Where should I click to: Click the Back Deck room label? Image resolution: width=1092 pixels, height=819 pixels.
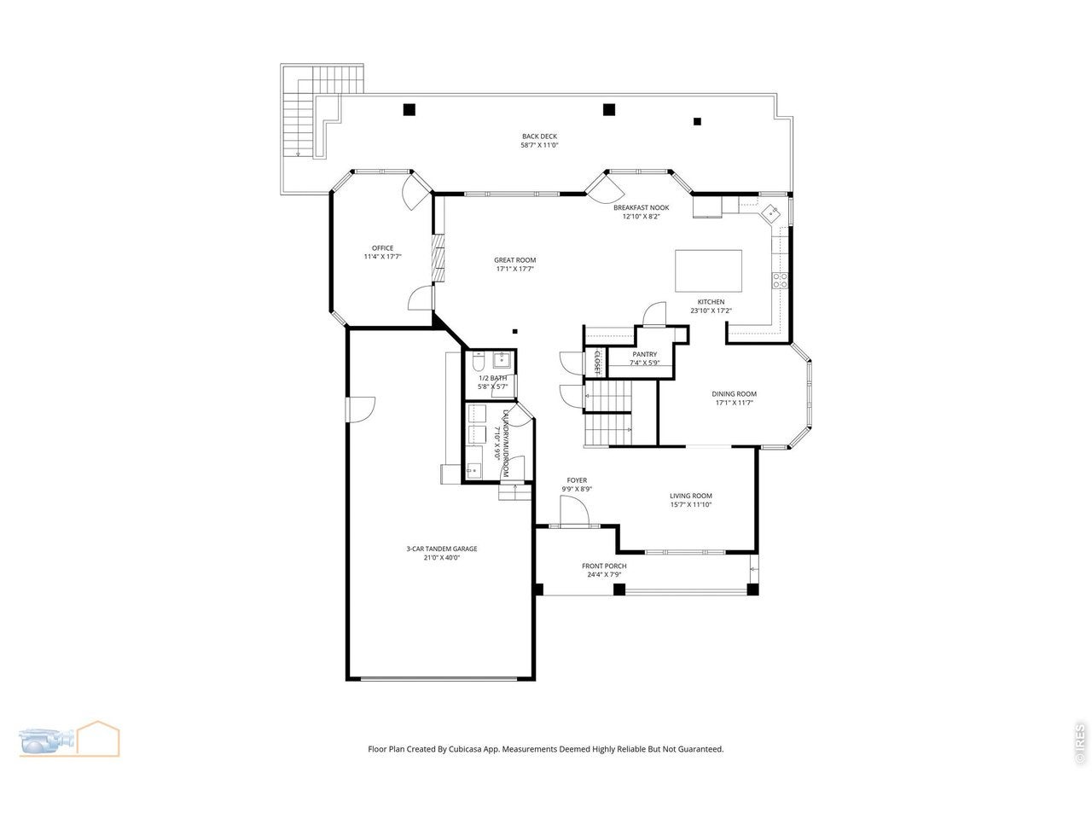[539, 136]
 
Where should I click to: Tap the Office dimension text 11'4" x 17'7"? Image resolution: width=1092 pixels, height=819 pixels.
[382, 257]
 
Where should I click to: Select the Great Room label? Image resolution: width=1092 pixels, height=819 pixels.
[515, 259]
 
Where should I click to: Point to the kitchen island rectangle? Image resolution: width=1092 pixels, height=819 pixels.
[708, 271]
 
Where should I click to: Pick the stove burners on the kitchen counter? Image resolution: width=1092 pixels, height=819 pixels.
[780, 281]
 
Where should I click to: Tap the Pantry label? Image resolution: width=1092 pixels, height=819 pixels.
[645, 354]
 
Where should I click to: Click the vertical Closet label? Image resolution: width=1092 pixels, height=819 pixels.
[597, 363]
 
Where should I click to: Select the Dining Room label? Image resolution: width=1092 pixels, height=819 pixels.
[734, 394]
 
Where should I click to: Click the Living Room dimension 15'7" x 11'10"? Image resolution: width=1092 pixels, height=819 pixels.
[690, 504]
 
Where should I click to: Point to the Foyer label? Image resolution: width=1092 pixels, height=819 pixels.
[577, 479]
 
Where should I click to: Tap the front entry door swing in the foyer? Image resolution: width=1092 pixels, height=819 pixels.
[574, 510]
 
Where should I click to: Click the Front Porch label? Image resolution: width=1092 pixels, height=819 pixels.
[604, 566]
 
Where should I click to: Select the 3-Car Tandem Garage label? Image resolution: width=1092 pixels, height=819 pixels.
[442, 549]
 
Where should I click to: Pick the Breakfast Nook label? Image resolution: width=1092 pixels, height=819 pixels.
[642, 207]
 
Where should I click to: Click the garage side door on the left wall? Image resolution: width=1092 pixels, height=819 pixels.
[360, 409]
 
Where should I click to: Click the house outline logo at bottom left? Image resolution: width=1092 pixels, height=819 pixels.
[99, 739]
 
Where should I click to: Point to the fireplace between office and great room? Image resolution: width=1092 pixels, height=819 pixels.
[438, 258]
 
